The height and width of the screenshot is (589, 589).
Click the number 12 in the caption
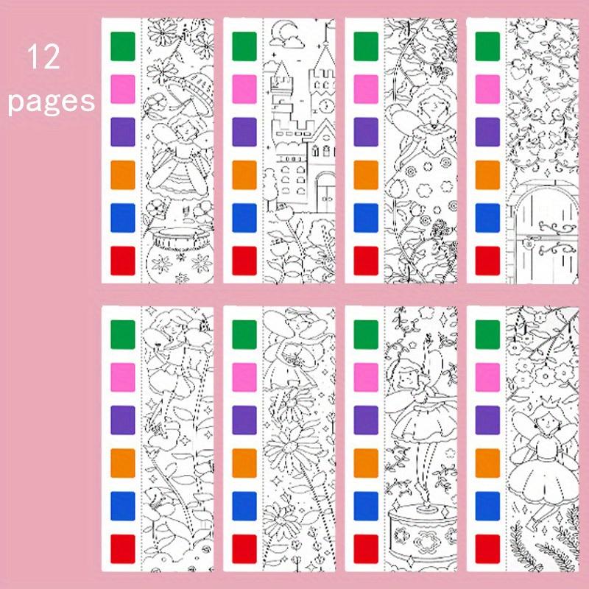(x=45, y=57)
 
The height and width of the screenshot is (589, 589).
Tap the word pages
(x=52, y=100)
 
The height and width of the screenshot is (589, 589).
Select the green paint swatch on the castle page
(x=244, y=46)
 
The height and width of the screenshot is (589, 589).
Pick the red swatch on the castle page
(x=244, y=261)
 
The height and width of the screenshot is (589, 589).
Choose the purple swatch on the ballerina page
(x=366, y=420)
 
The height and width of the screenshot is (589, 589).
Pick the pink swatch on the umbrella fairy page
(x=122, y=89)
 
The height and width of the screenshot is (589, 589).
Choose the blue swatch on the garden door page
(x=487, y=218)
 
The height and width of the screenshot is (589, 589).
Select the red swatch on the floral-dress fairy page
(x=366, y=261)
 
